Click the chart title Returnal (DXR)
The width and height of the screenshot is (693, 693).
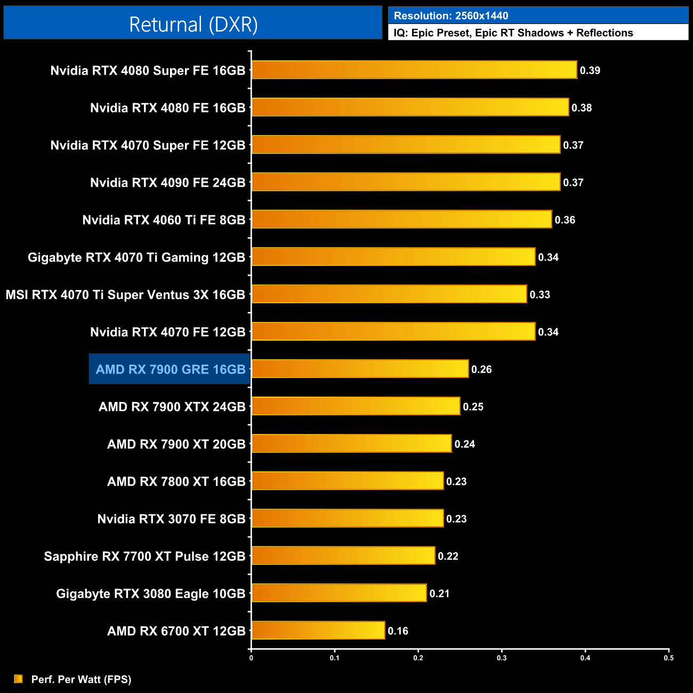(x=193, y=25)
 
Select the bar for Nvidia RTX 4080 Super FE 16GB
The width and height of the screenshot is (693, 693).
(x=414, y=70)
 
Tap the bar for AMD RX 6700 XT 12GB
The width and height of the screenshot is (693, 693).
(x=318, y=631)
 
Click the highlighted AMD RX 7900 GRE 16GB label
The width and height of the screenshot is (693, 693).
(x=170, y=369)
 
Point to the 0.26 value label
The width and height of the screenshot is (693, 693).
(x=481, y=369)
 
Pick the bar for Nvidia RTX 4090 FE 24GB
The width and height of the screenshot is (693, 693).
(x=406, y=182)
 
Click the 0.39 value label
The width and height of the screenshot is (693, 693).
(x=590, y=70)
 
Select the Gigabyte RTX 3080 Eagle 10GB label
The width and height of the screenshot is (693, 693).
(x=150, y=594)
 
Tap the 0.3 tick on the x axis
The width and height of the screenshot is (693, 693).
(x=502, y=658)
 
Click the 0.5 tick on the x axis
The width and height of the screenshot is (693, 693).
(x=668, y=658)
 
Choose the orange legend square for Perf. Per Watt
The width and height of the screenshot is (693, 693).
(x=19, y=679)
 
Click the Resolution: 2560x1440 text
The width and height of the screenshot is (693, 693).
(x=451, y=16)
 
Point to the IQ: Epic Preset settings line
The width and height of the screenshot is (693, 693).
(x=513, y=33)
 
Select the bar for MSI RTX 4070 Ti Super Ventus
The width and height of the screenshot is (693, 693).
(x=389, y=294)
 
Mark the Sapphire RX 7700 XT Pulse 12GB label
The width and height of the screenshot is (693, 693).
(x=144, y=557)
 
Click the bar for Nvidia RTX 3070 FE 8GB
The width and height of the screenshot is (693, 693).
(x=348, y=519)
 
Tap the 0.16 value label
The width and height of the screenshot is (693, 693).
(x=398, y=631)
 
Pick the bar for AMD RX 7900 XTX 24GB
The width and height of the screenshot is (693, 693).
(x=356, y=406)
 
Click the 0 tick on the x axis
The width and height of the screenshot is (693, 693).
(x=251, y=658)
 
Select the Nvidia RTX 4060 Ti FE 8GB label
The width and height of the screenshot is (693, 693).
(x=164, y=220)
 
